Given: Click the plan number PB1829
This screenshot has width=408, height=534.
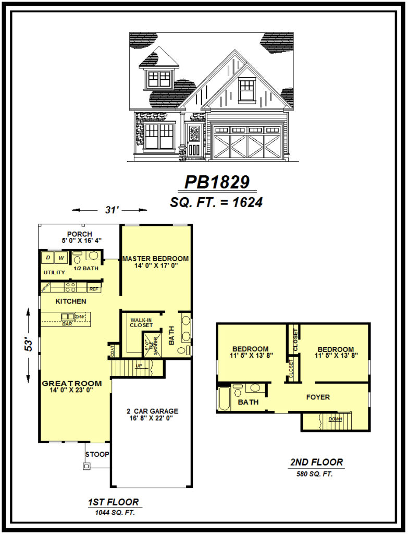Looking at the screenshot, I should [x=217, y=182].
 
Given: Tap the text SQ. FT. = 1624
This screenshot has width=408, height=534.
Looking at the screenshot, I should [x=216, y=202].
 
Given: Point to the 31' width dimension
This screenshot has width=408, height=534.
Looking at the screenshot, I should [x=109, y=210].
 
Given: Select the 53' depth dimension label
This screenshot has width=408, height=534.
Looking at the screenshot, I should [x=30, y=344].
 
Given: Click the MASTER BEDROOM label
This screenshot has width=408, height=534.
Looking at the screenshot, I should [x=155, y=259].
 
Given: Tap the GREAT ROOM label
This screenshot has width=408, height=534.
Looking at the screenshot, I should [x=72, y=383].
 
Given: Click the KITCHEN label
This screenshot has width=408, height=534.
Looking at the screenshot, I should [x=71, y=301].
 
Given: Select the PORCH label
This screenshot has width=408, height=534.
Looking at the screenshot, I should [x=80, y=234].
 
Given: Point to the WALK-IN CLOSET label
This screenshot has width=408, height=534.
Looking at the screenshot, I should [x=141, y=322].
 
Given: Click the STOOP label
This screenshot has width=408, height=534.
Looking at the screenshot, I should [x=97, y=454].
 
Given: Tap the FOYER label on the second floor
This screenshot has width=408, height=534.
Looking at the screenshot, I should [x=318, y=397].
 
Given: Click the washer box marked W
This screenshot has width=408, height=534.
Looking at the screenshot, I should [x=61, y=258].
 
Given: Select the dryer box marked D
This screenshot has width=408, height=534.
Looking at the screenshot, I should [x=48, y=258].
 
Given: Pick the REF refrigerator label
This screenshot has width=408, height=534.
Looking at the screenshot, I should [x=94, y=288].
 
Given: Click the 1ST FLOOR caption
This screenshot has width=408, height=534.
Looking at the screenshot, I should [x=113, y=503].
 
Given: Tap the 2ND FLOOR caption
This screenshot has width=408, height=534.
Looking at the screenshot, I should [x=317, y=462].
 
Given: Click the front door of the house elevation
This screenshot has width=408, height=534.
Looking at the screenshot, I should [x=193, y=143].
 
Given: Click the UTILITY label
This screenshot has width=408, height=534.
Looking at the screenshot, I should [x=54, y=273].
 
